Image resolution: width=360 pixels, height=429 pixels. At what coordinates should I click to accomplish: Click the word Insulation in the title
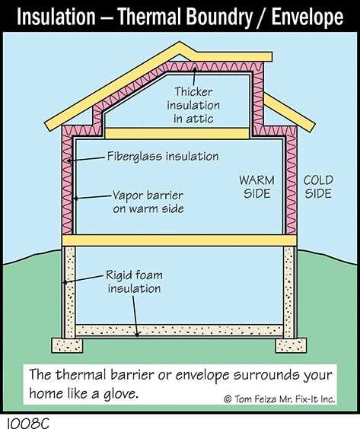pos(56,17)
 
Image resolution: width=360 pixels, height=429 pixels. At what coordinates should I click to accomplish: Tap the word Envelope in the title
pos(307,17)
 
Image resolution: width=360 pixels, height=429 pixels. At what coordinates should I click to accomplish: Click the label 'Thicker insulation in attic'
pos(193,105)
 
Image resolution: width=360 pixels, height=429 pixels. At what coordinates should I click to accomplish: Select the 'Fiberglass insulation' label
pos(163,156)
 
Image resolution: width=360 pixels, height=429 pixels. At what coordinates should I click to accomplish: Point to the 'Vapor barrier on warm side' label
pos(148,202)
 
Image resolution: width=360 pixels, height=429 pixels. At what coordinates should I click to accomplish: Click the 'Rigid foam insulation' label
pos(134,281)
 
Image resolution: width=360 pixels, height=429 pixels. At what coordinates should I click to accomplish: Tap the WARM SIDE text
pos(256,187)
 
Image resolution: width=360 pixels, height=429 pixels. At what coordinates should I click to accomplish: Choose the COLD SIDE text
pos(318,187)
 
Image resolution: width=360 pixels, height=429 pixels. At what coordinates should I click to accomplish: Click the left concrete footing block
pos(67,345)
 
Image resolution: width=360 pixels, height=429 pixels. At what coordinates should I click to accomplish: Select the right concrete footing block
pos(291,345)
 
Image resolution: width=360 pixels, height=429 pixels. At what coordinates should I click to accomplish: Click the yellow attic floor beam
pos(177,134)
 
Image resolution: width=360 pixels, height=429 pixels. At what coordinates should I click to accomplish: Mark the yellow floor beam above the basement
pos(180,240)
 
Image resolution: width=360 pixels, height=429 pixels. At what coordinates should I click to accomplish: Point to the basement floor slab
pos(180,330)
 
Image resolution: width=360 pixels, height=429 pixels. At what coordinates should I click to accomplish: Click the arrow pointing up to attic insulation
pos(194,76)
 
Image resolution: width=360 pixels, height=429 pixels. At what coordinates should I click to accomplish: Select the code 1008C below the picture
pos(27,423)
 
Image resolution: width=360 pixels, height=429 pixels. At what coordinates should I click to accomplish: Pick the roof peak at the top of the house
pos(180,42)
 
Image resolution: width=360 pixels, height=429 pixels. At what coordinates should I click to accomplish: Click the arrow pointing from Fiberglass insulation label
pos(86,159)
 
